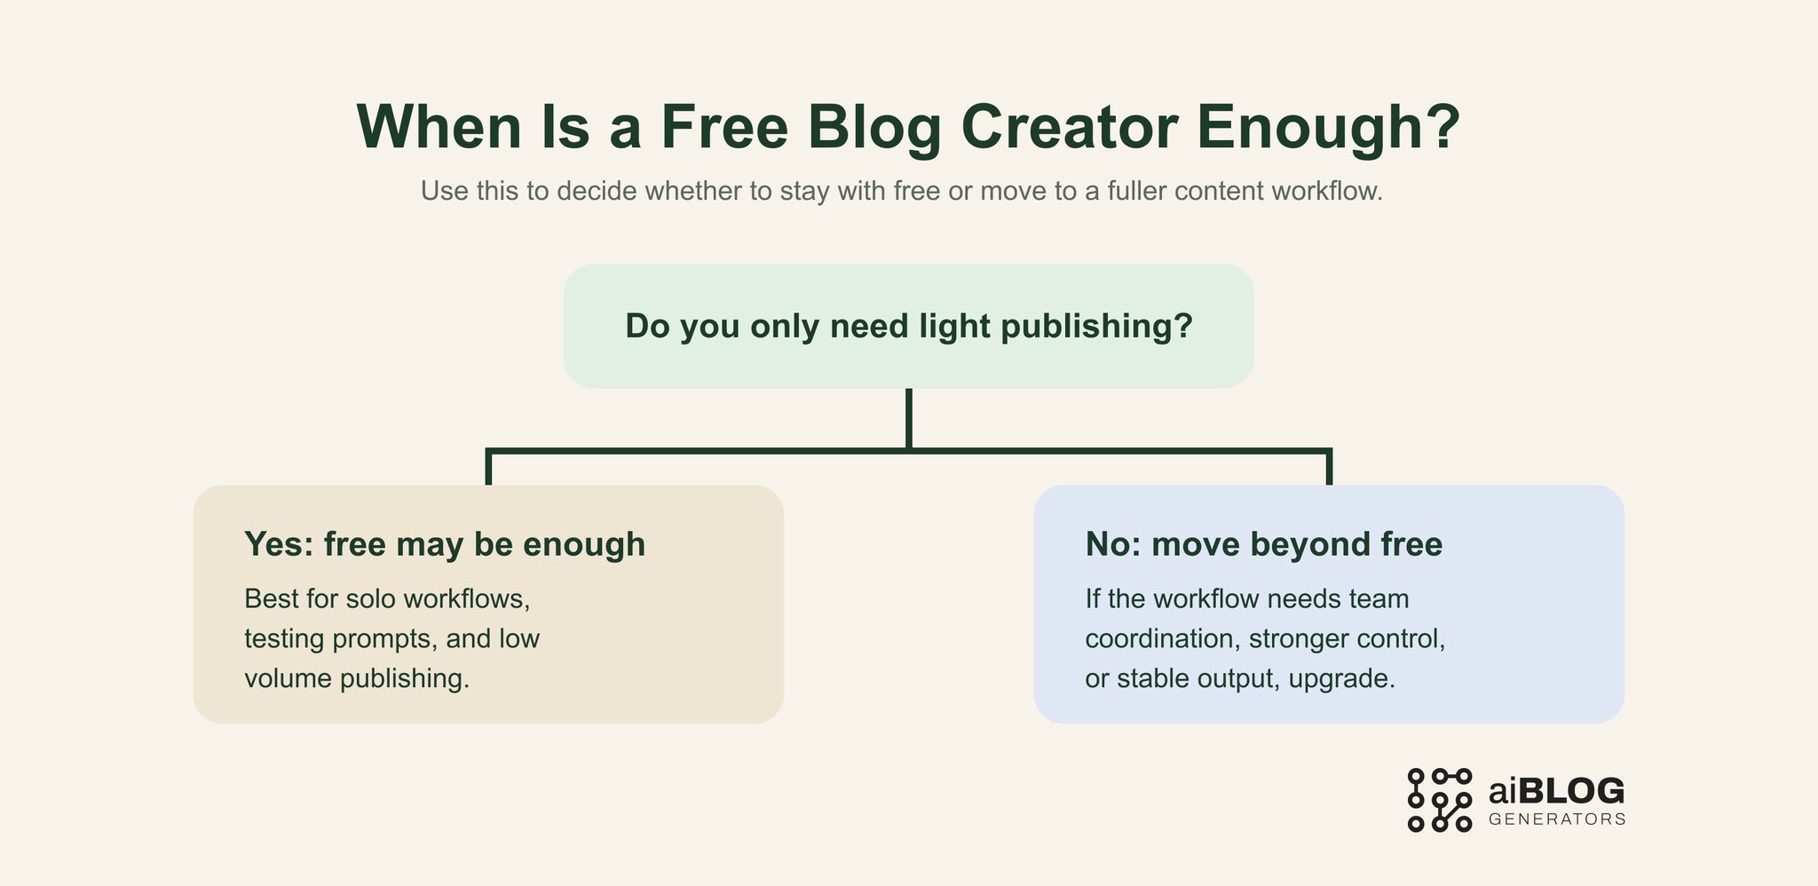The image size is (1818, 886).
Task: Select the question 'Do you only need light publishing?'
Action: tap(908, 326)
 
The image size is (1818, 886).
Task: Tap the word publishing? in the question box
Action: tap(1096, 326)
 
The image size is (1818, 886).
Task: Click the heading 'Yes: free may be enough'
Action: tap(445, 544)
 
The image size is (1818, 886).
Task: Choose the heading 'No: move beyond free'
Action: tap(1263, 544)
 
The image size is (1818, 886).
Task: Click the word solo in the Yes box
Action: tap(370, 598)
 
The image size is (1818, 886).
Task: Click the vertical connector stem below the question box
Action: tap(908, 418)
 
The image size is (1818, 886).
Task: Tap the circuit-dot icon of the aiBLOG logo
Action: tap(1439, 800)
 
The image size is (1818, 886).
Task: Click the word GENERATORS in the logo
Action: tap(1557, 819)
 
